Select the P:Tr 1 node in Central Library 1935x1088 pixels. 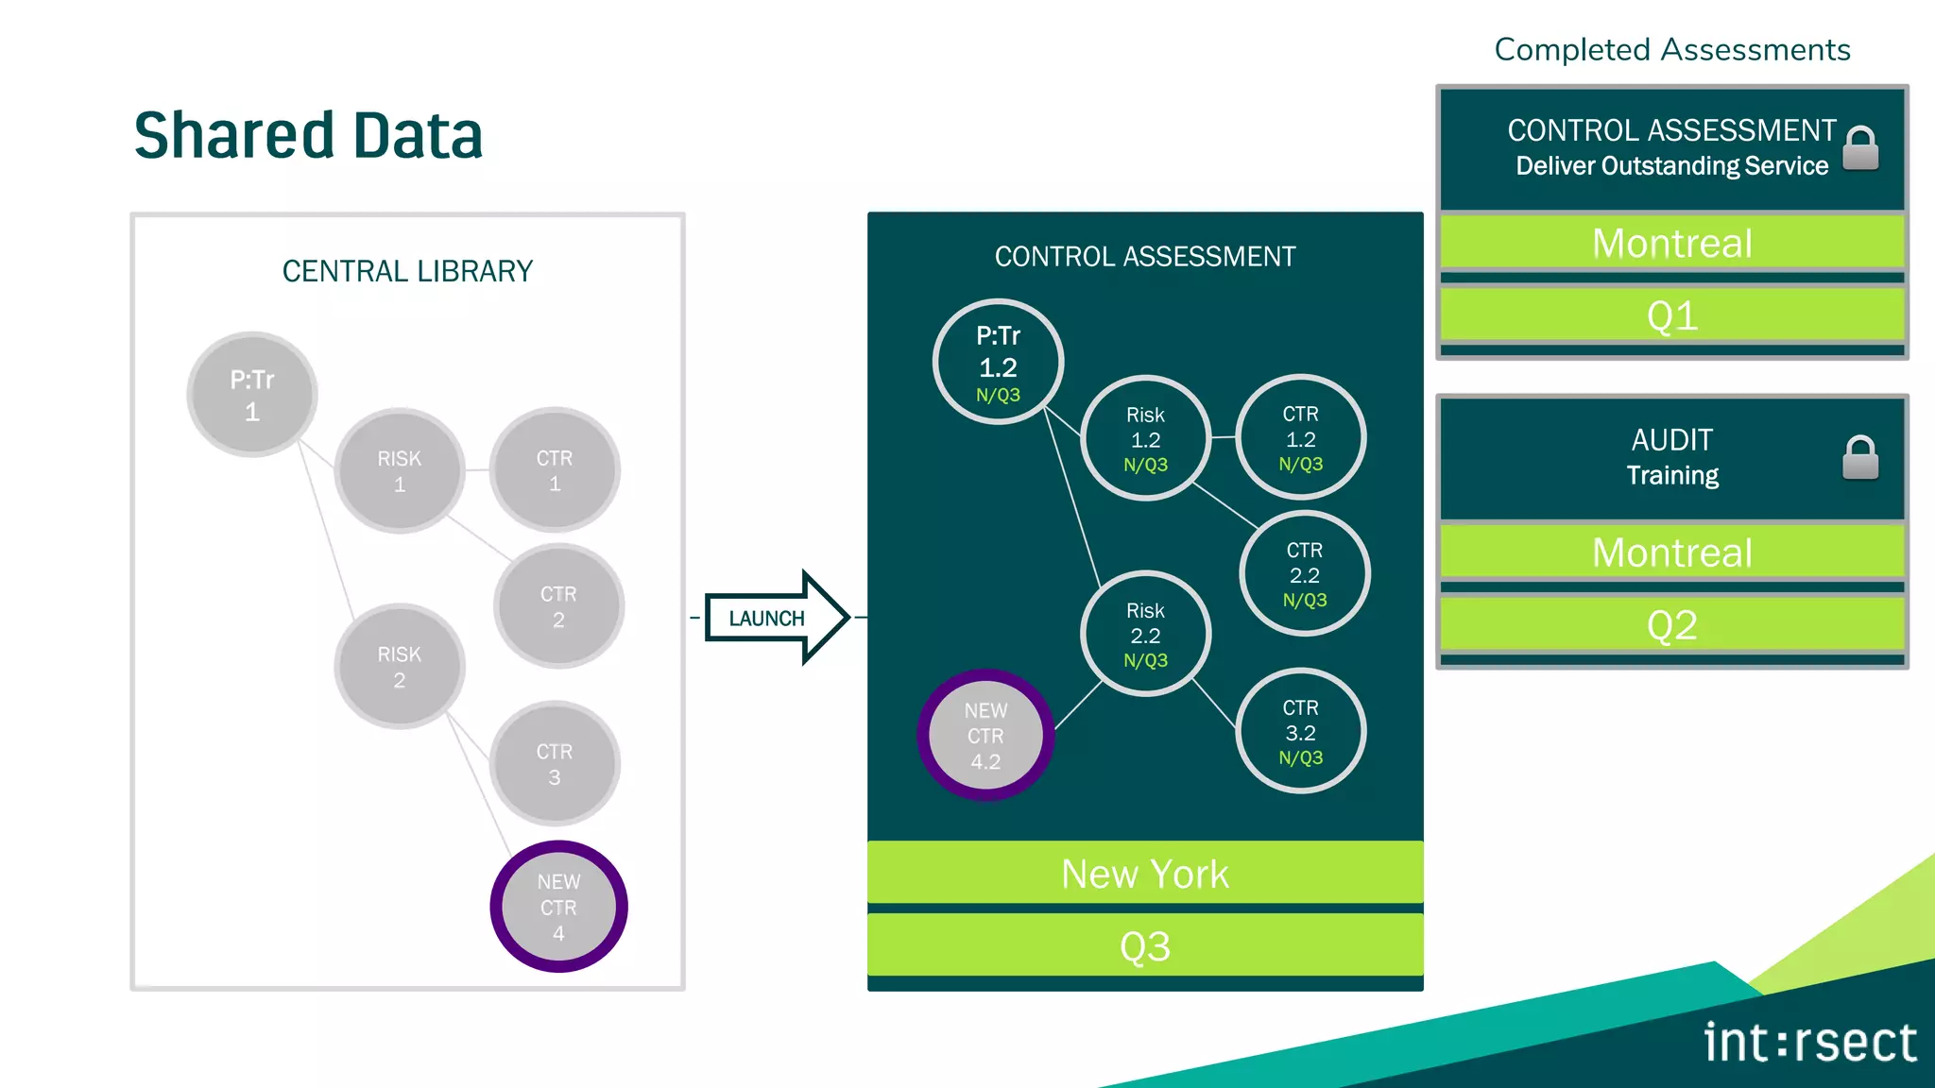point(252,395)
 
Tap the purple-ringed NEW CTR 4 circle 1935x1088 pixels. point(558,907)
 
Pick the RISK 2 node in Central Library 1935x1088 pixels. point(400,667)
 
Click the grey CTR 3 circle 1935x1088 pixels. point(555,764)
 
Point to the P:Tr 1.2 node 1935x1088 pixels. point(998,363)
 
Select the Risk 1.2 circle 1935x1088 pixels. point(1145,438)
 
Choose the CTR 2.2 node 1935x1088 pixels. point(1305,574)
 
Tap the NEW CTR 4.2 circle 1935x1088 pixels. point(985,735)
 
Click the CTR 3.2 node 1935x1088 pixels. point(1301,732)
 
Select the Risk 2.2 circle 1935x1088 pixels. point(1145,635)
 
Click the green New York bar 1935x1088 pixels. point(1145,874)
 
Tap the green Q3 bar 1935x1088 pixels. point(1145,945)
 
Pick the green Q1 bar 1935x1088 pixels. point(1671,315)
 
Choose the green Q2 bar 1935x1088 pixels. point(1671,625)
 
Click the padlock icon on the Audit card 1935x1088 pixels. point(1860,458)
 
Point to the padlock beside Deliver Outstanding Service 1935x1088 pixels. point(1860,148)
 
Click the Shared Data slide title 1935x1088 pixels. point(308,135)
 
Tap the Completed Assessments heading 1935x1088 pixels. point(1671,49)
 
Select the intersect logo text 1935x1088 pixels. point(1809,1043)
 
